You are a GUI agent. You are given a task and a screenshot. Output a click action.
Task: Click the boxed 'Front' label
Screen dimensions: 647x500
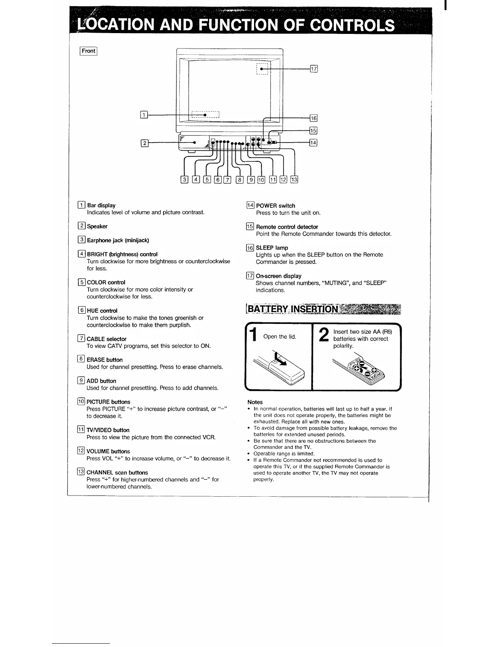click(x=88, y=51)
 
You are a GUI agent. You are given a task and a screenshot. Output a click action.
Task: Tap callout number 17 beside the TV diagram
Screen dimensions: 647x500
click(x=314, y=69)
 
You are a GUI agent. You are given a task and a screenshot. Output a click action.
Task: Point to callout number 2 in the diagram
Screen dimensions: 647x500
click(x=144, y=143)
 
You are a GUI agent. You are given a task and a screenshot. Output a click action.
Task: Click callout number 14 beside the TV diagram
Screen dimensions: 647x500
click(x=313, y=143)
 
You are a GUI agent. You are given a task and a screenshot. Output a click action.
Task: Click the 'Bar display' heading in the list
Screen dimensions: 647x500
click(x=101, y=205)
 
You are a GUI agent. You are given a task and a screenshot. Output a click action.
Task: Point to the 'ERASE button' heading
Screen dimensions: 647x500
click(x=105, y=360)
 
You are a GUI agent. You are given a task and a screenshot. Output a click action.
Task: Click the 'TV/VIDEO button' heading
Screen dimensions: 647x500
click(x=108, y=430)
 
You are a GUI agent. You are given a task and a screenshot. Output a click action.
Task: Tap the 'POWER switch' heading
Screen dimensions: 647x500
click(x=275, y=206)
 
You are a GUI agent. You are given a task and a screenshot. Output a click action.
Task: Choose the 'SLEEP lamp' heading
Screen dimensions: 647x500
click(x=272, y=248)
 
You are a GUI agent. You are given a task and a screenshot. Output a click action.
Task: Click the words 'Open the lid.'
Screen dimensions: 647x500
click(x=279, y=337)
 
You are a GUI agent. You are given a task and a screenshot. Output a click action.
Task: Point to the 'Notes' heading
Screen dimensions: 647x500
click(x=255, y=402)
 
